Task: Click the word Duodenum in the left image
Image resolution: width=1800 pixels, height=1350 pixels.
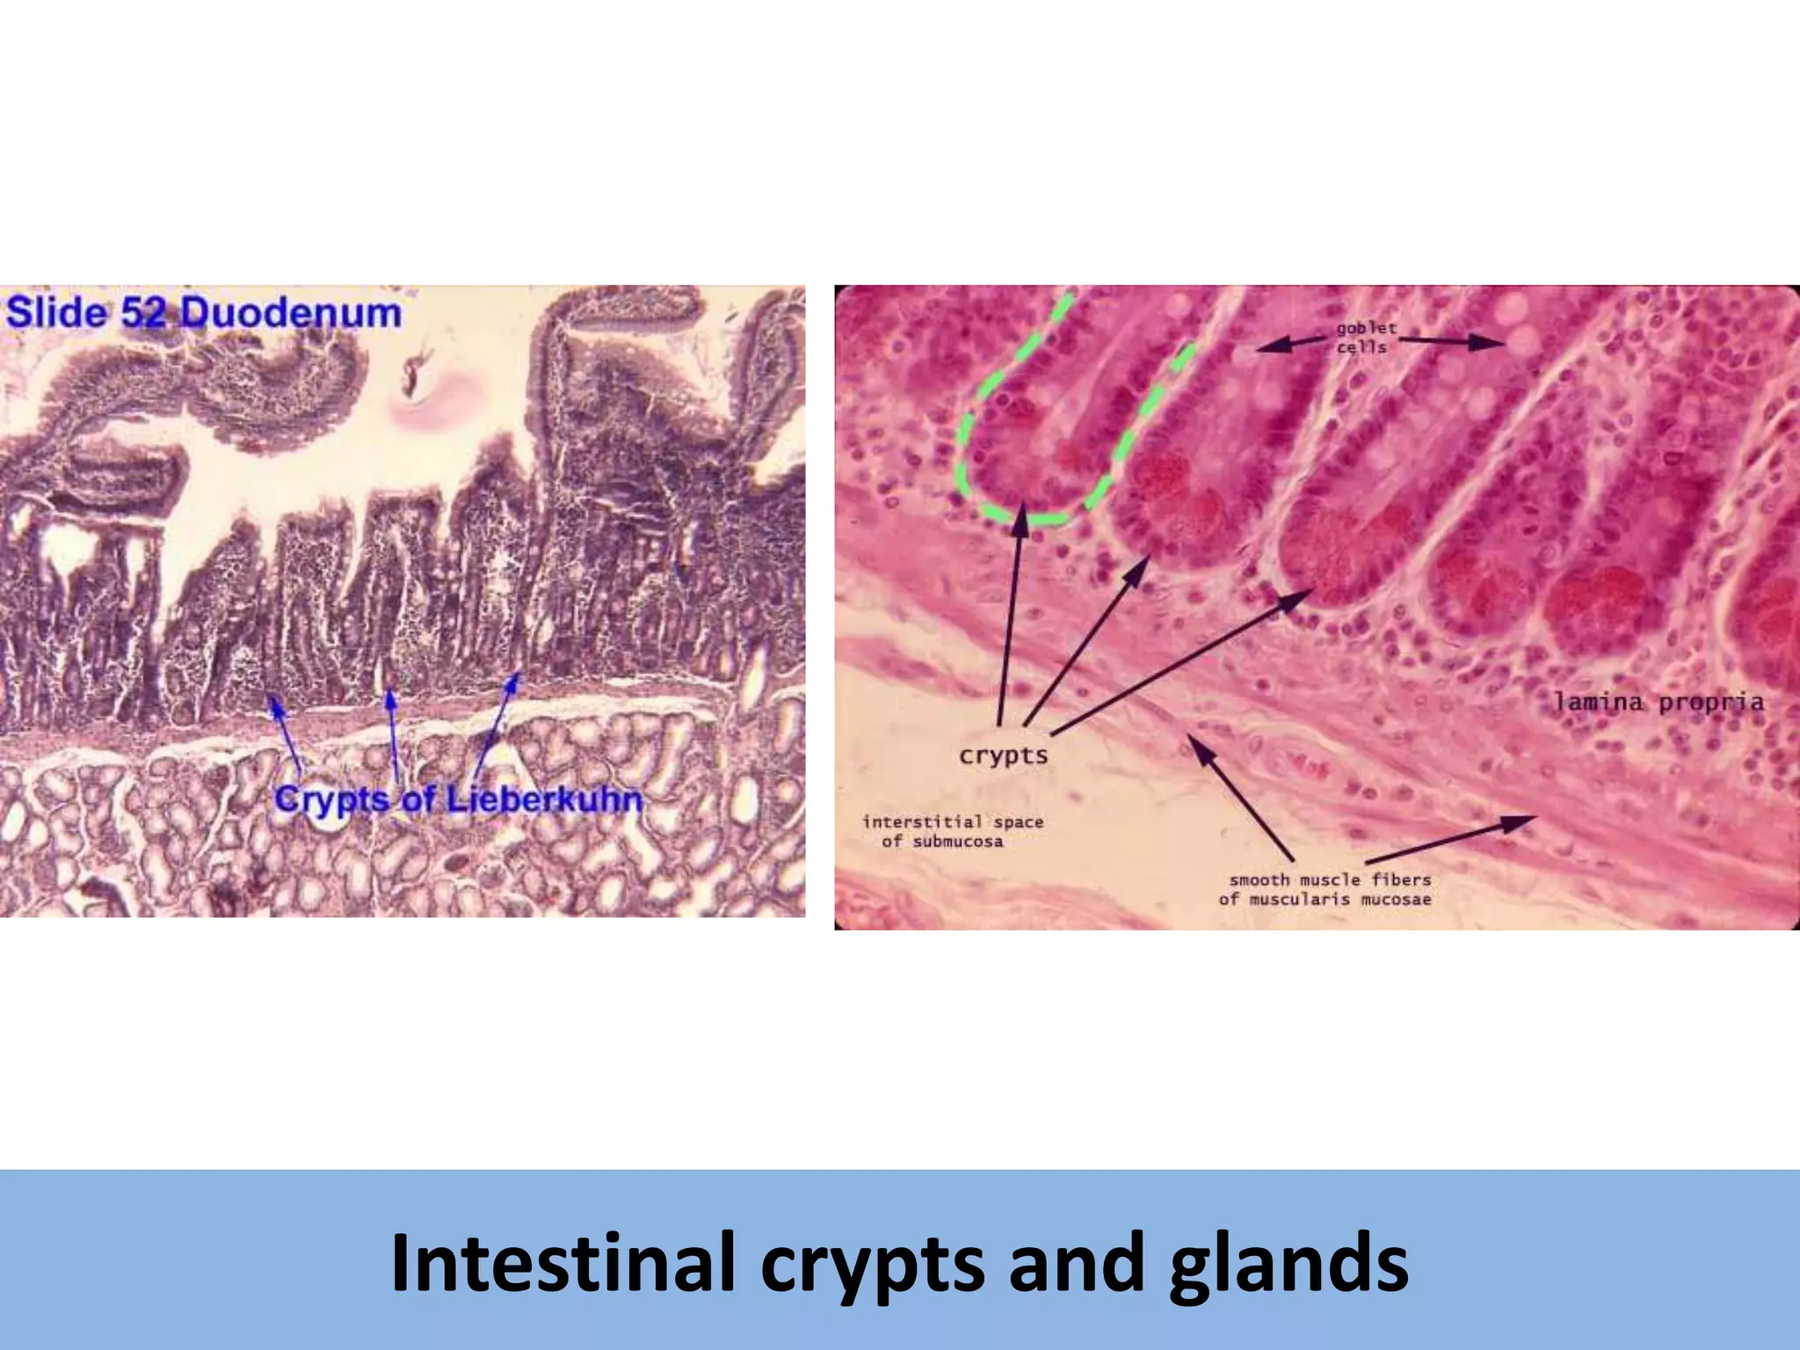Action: click(x=290, y=313)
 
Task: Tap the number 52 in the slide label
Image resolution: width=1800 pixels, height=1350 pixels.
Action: click(x=142, y=313)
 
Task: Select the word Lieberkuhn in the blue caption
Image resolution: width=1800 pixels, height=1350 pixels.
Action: click(x=544, y=800)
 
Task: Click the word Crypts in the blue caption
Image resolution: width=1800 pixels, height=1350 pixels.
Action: click(x=331, y=801)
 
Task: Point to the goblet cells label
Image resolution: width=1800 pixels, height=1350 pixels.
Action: click(x=1365, y=337)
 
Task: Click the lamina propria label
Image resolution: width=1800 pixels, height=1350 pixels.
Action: click(x=1658, y=702)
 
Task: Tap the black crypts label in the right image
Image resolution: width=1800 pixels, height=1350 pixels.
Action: click(x=1004, y=756)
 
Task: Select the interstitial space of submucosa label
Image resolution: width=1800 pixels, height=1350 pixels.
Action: click(x=952, y=831)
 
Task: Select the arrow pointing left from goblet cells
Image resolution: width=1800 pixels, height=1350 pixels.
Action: click(x=1290, y=344)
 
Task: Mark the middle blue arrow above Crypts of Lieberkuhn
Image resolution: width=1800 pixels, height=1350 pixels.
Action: click(x=394, y=734)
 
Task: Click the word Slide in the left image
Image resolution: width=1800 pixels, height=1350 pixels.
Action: click(x=56, y=313)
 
